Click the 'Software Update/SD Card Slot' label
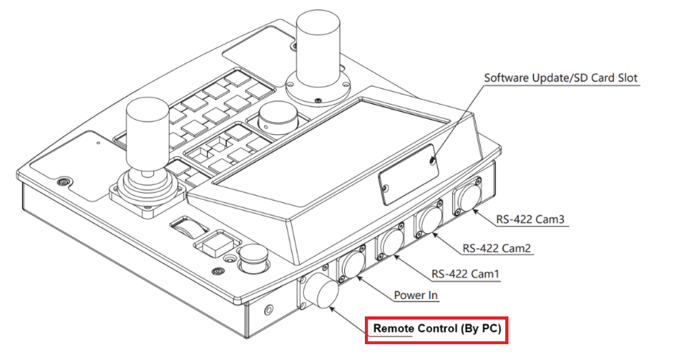pos(561,79)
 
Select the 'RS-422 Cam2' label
pos(497,248)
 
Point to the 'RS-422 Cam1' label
pos(466,275)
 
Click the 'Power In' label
pos(416,296)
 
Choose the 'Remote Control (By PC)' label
pos(435,328)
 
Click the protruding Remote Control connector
pos(319,291)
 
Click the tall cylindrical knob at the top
pos(318,48)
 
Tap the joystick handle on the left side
pos(147,131)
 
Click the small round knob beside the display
pos(276,119)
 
